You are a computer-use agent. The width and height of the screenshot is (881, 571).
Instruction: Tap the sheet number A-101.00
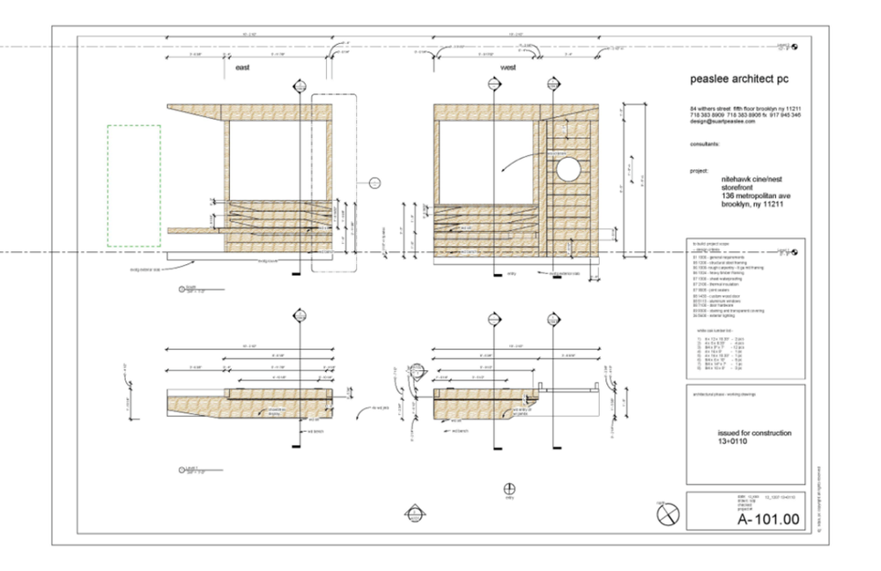click(769, 520)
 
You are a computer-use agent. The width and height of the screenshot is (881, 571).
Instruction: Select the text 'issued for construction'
click(755, 434)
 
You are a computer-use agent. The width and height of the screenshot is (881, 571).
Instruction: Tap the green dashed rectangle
click(134, 185)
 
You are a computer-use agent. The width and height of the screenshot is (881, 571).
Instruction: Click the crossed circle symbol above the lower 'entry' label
click(507, 488)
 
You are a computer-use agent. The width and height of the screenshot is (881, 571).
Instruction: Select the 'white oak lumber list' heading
click(715, 330)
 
